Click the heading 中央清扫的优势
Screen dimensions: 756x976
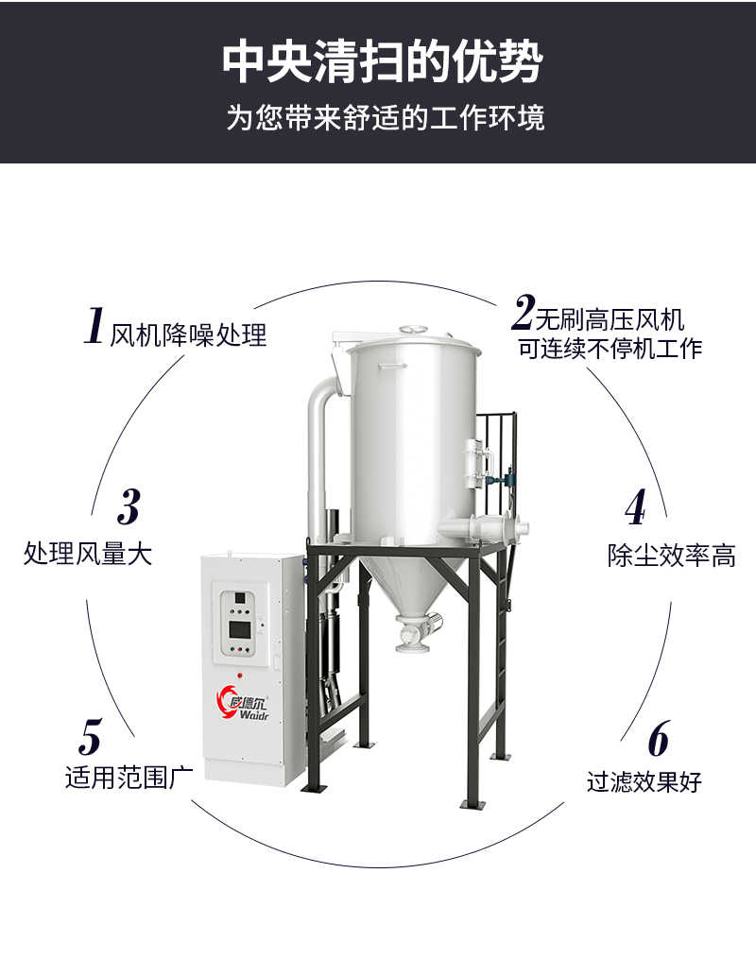click(383, 62)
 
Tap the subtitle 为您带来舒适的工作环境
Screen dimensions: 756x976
click(386, 118)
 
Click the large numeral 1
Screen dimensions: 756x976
click(94, 326)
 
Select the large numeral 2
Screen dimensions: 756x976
click(524, 312)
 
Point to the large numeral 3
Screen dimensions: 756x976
click(129, 506)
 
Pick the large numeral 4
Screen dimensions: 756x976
click(636, 507)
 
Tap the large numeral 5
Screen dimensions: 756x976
click(91, 736)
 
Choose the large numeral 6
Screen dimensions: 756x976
click(659, 738)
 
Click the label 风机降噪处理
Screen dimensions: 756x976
click(189, 335)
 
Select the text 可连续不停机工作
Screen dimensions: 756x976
click(610, 348)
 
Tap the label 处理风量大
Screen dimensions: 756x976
click(88, 553)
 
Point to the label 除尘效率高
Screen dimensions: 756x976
click(672, 556)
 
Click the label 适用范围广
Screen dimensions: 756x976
click(129, 778)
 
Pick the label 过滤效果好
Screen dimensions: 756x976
click(644, 781)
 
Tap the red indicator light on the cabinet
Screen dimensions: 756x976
click(240, 675)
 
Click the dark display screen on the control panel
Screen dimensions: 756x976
click(240, 629)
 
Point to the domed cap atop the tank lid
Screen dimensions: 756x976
click(414, 328)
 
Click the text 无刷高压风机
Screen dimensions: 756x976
click(610, 320)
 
